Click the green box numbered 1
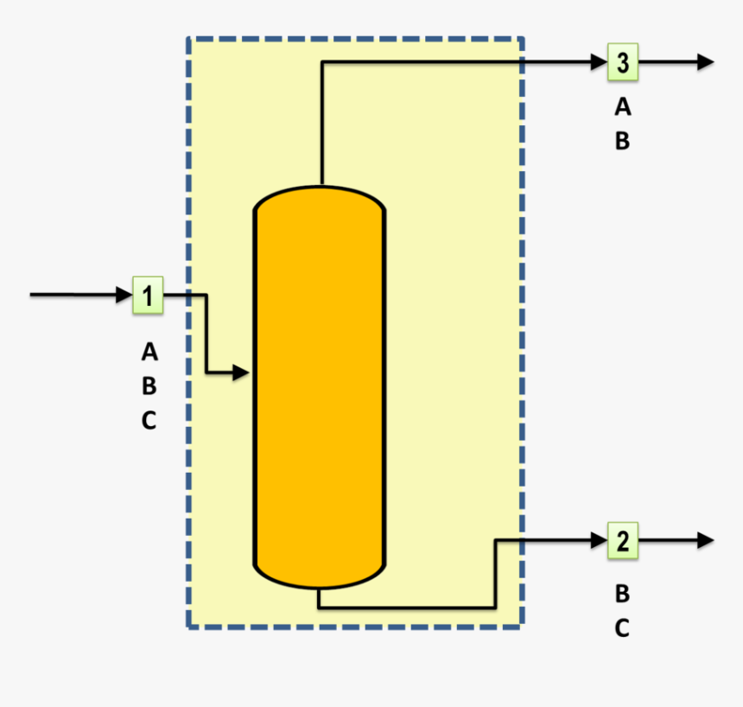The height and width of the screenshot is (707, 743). [x=148, y=296]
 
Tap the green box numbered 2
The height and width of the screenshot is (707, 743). [x=622, y=540]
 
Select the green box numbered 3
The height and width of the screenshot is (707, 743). [x=622, y=62]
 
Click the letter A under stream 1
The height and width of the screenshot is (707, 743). [x=149, y=352]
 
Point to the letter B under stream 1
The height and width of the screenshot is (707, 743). [x=149, y=386]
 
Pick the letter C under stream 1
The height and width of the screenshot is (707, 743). [x=149, y=421]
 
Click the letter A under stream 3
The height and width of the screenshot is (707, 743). [x=622, y=107]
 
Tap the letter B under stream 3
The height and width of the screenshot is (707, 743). [x=622, y=141]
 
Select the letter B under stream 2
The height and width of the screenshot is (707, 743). [x=622, y=594]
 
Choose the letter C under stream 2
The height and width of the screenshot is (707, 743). [x=622, y=628]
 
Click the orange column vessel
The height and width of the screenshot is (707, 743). [x=319, y=389]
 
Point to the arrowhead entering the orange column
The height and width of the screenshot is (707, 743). [x=242, y=373]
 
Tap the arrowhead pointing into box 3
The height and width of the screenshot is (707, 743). [x=600, y=62]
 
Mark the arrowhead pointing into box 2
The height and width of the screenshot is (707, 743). [x=600, y=540]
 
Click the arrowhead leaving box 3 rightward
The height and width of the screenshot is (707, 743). [x=706, y=62]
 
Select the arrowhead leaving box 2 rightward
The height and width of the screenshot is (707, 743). [x=706, y=540]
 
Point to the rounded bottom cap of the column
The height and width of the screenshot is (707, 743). [x=319, y=577]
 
